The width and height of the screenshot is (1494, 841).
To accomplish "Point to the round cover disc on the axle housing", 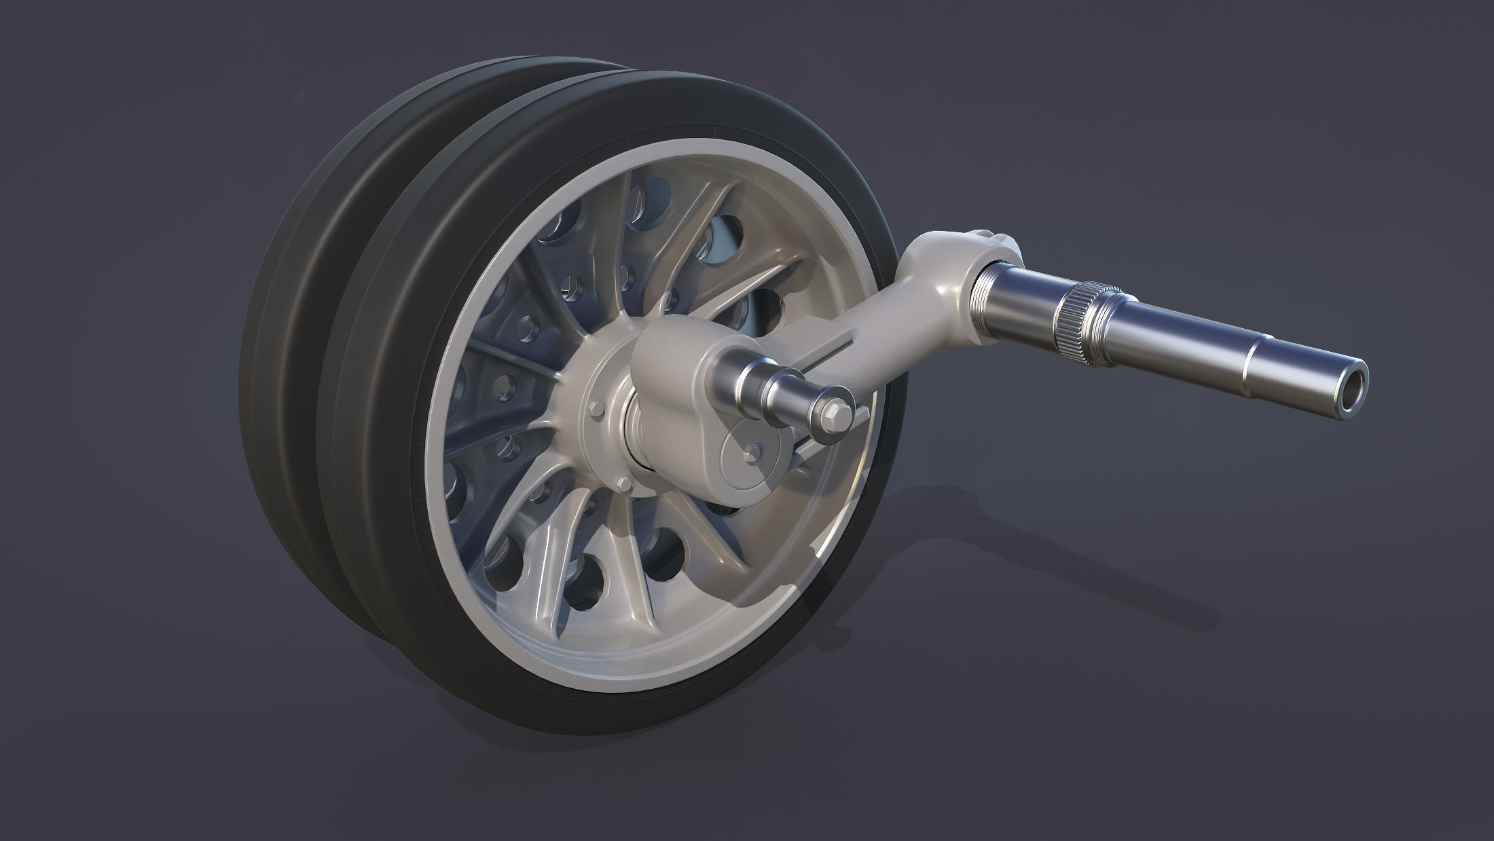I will [x=746, y=459].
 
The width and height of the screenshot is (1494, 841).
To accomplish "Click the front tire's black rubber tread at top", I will [x=611, y=102].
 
